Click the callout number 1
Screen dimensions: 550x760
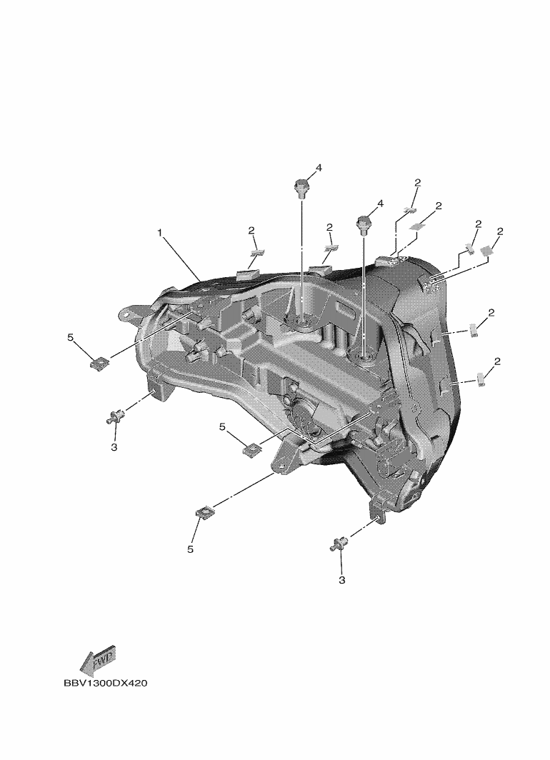(159, 233)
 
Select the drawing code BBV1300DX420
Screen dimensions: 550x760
(105, 684)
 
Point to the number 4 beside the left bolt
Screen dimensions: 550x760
(319, 168)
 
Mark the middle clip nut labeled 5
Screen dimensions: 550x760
(251, 450)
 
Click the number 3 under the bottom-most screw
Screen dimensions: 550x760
(341, 580)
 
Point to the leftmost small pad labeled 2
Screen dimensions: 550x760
(256, 252)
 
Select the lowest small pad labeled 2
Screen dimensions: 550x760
(481, 379)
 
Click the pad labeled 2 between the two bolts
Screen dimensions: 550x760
(331, 248)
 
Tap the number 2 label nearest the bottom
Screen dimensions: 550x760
(497, 361)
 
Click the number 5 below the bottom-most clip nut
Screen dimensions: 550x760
(191, 549)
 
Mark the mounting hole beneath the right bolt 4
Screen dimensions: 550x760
(364, 359)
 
